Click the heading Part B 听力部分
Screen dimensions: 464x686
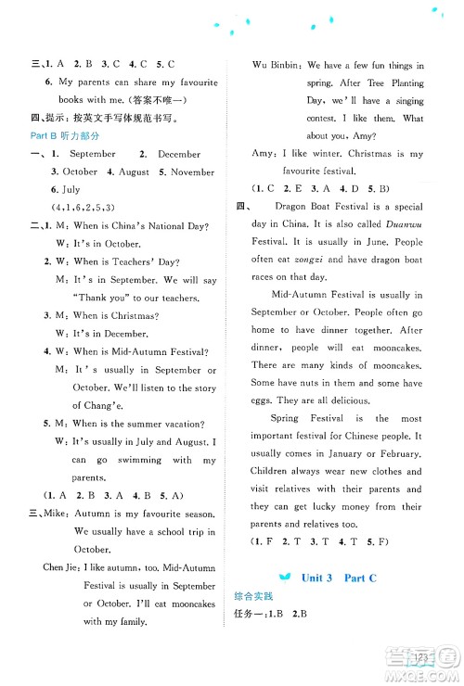pyautogui.click(x=66, y=135)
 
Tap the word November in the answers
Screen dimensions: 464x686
pyautogui.click(x=193, y=171)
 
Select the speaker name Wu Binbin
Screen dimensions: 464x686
pyautogui.click(x=275, y=66)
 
